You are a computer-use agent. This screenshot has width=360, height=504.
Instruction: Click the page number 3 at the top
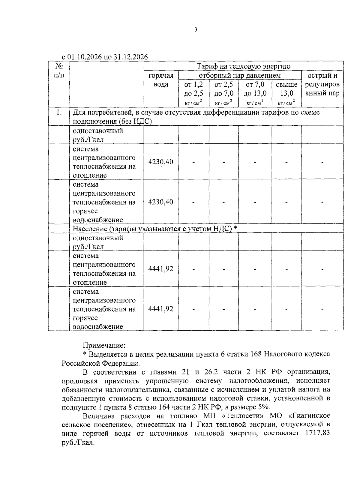[x=196, y=29]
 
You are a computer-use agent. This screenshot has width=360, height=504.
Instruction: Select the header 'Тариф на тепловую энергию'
[x=243, y=66]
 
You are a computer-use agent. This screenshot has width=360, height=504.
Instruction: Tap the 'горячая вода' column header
[x=161, y=80]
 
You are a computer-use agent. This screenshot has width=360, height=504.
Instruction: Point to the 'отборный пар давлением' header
[x=240, y=75]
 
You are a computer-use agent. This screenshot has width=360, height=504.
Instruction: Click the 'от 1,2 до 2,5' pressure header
[x=193, y=89]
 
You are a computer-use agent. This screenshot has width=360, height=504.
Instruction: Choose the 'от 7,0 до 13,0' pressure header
[x=255, y=89]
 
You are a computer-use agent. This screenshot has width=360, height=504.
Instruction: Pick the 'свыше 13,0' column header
[x=286, y=89]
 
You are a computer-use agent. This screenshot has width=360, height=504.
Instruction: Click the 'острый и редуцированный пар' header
[x=322, y=84]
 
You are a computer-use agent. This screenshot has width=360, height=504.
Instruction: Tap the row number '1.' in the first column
[x=59, y=112]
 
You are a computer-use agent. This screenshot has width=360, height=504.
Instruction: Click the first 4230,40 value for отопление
[x=161, y=162]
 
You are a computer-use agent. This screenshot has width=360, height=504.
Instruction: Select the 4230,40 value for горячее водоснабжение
[x=161, y=202]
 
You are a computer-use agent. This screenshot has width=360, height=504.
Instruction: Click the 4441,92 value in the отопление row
[x=161, y=269]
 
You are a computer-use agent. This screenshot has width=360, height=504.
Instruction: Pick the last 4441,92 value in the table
[x=161, y=309]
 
